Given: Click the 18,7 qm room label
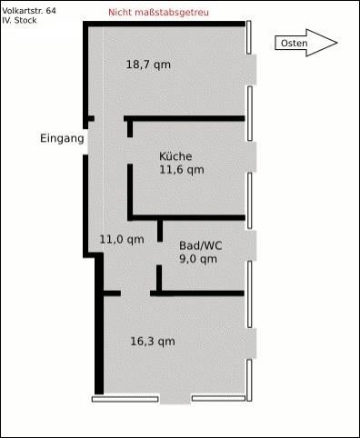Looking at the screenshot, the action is point(148,65).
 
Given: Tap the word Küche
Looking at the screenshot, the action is point(175,156).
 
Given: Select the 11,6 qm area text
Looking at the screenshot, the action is point(182,170).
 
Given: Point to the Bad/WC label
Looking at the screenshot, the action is point(201,245).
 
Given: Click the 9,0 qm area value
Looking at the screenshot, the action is point(198,259).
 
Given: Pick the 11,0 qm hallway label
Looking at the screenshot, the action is point(122,240).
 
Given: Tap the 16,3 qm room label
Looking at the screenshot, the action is point(153,342).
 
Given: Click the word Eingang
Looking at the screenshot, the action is point(62,139).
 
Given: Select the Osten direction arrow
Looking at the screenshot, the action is point(306,43).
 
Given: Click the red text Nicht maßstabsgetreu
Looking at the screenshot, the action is point(158,13).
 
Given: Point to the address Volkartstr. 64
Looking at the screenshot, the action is point(29,11).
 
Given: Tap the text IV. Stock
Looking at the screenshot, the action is point(19,20).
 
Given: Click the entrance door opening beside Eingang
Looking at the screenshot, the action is point(85,142).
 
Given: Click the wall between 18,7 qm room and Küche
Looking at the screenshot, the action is point(185,118).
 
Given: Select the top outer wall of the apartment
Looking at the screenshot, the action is point(164,24).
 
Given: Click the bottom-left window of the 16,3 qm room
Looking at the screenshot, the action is point(125,399).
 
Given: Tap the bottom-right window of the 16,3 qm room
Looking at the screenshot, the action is point(218,398).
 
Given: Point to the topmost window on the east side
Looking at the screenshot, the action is point(249,37).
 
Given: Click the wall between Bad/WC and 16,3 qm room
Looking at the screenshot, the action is point(197,294).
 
